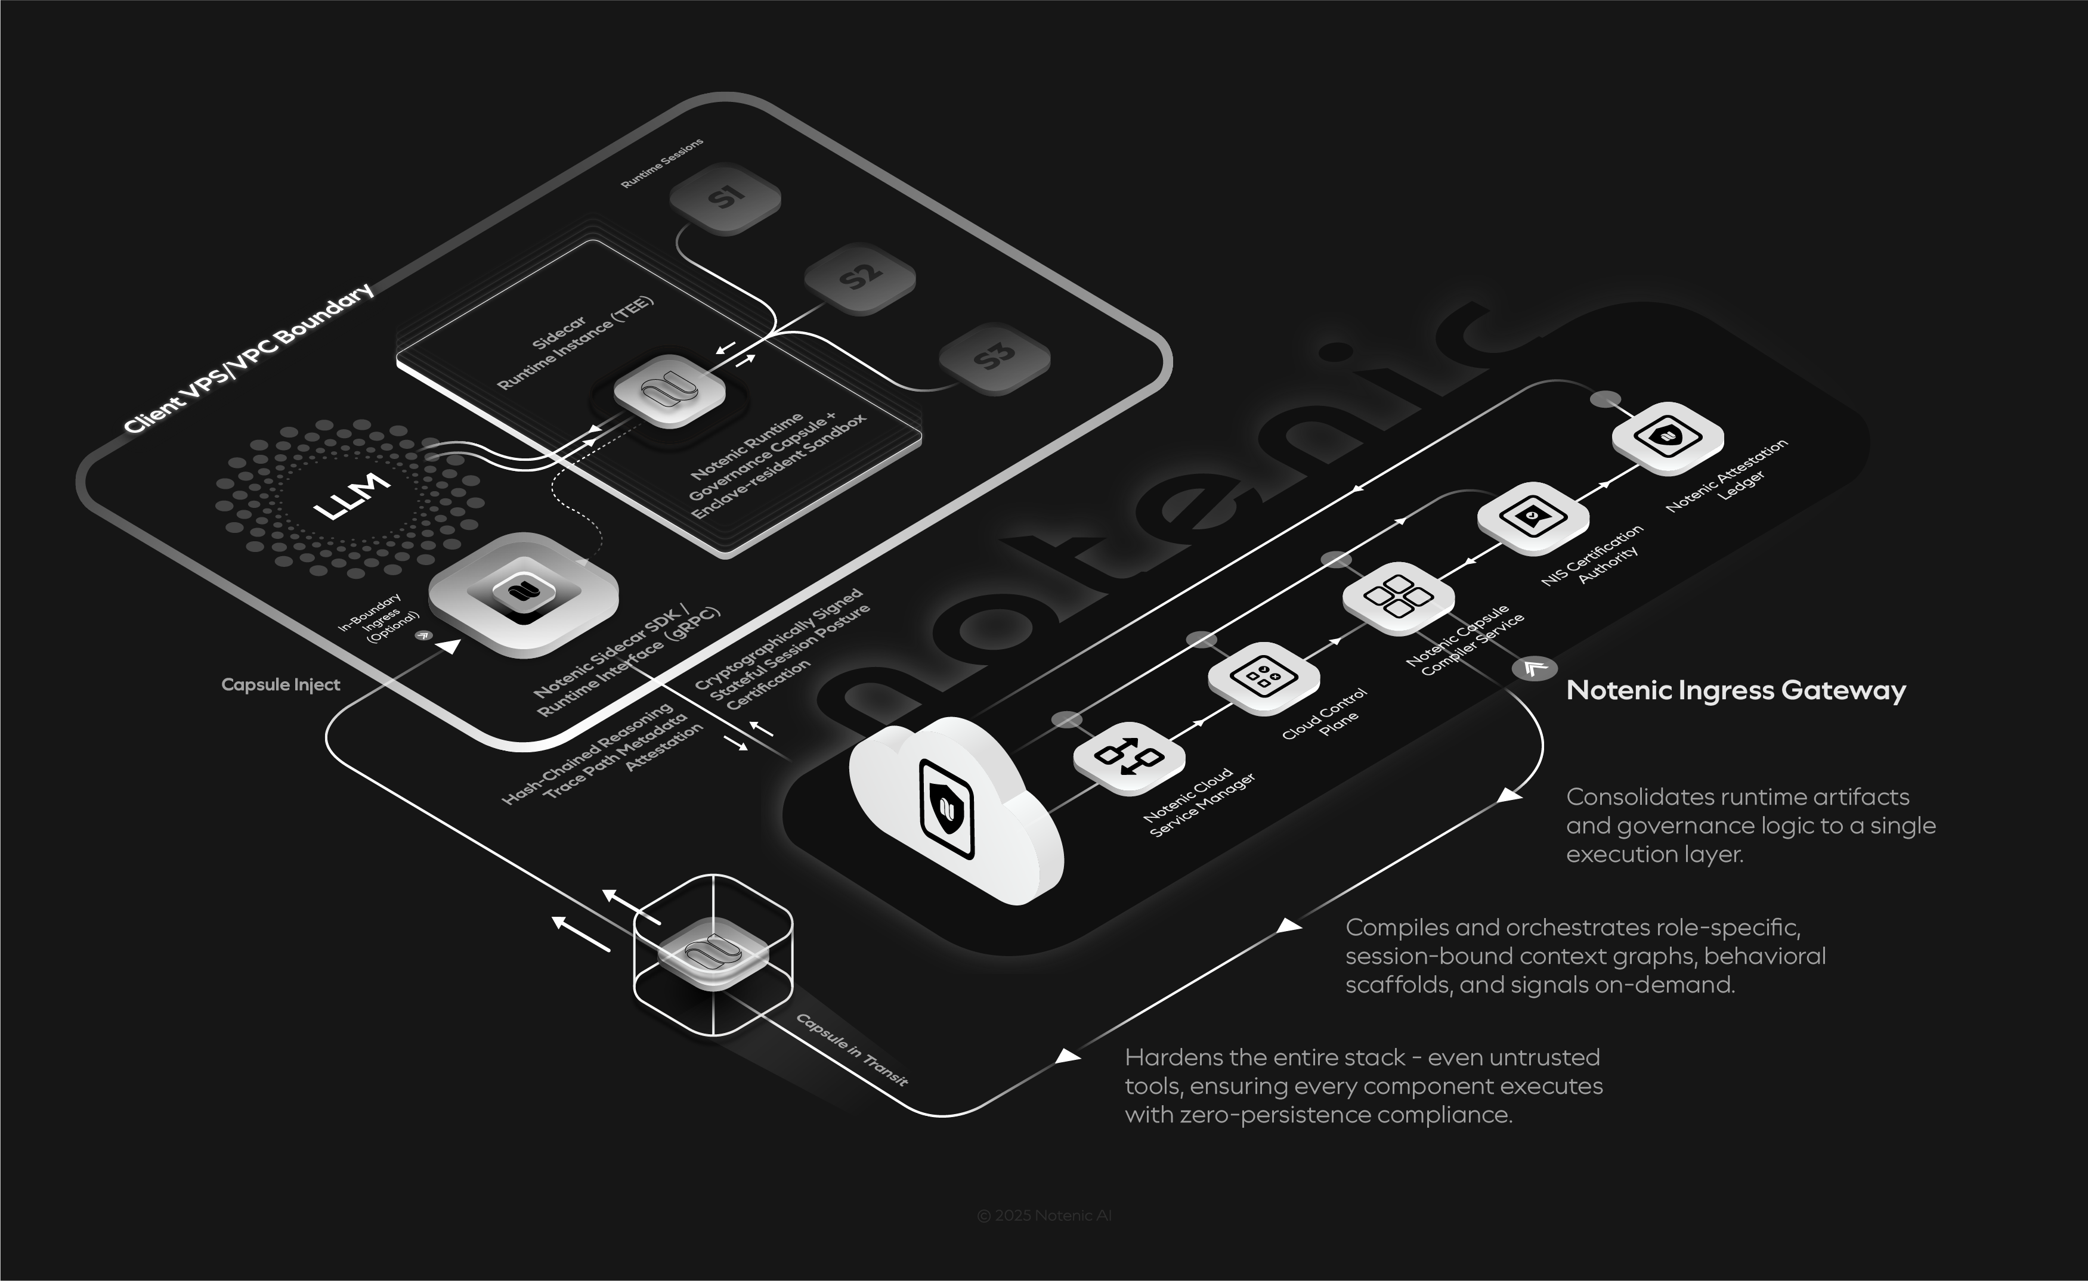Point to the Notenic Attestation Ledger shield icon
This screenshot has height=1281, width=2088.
(x=1667, y=437)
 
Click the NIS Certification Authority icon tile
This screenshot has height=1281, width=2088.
(x=1532, y=517)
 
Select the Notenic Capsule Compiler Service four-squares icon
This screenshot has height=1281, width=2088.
(x=1398, y=597)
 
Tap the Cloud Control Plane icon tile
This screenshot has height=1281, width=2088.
(x=1263, y=678)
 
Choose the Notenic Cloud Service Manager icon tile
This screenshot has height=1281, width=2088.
(x=1129, y=756)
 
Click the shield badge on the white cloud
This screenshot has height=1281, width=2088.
(x=946, y=809)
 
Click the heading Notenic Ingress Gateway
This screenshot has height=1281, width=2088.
(x=1736, y=690)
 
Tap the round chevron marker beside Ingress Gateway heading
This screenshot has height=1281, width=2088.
(x=1534, y=668)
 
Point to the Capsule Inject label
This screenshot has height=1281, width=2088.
(x=280, y=684)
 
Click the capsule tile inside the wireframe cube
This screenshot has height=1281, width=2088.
(x=713, y=953)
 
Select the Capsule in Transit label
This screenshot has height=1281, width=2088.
(x=852, y=1050)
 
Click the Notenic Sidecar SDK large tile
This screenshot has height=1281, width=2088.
(x=523, y=593)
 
